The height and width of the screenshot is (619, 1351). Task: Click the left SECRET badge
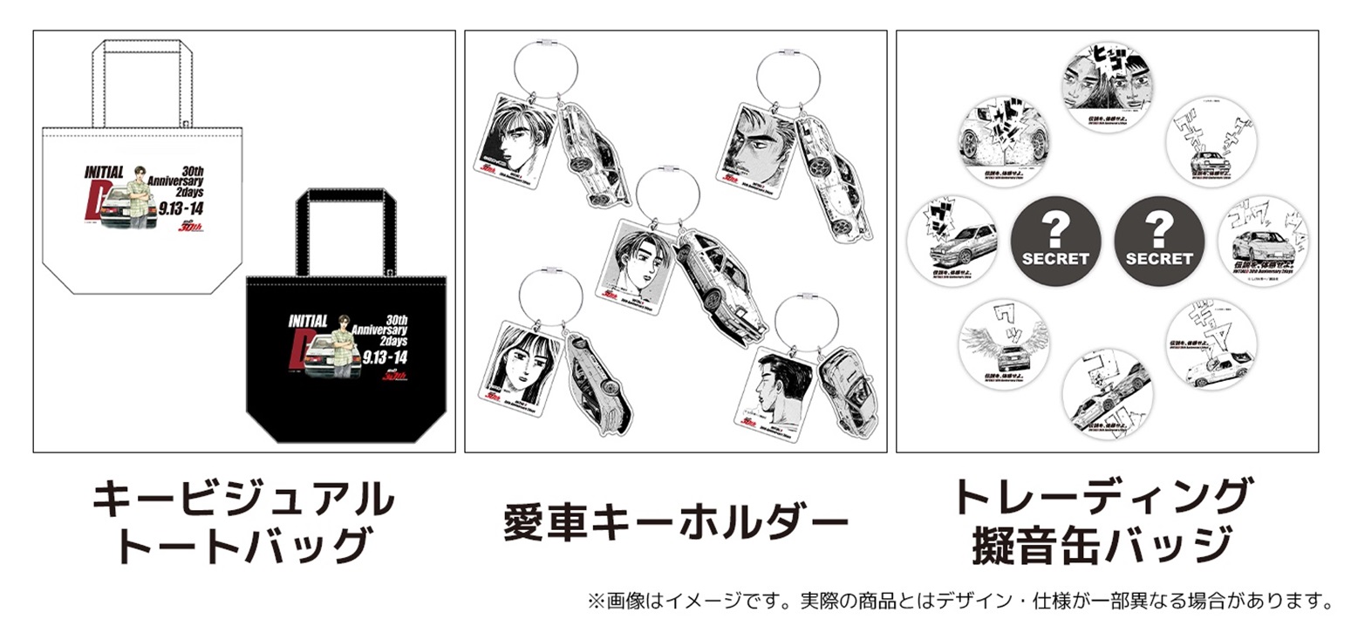(x=1054, y=241)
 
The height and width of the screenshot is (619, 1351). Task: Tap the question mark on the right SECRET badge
(x=1158, y=228)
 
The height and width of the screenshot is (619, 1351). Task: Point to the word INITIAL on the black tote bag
(x=307, y=322)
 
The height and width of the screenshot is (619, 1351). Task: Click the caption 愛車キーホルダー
(x=675, y=523)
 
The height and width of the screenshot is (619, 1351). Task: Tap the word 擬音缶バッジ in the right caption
(x=1102, y=546)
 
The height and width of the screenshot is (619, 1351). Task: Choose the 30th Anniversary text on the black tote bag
(x=386, y=330)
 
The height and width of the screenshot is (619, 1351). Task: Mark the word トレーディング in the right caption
(x=1102, y=497)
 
